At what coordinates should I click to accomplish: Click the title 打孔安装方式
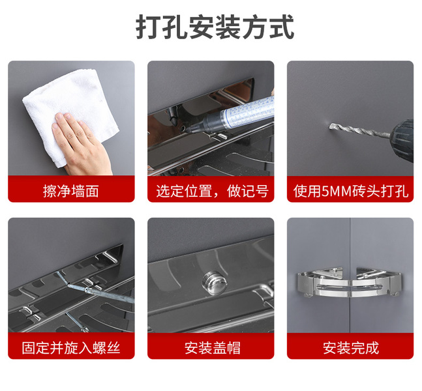click(215, 27)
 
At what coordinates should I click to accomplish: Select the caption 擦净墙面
click(71, 191)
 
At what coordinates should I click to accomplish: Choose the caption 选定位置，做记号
click(213, 191)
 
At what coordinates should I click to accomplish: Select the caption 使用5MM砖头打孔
click(351, 191)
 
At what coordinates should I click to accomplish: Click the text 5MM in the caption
click(337, 191)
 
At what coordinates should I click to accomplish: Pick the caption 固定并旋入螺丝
click(71, 348)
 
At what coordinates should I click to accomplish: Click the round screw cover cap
click(215, 283)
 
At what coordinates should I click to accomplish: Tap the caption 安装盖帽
click(213, 348)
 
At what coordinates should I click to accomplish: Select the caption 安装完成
click(351, 348)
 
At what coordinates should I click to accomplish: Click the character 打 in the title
click(148, 27)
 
